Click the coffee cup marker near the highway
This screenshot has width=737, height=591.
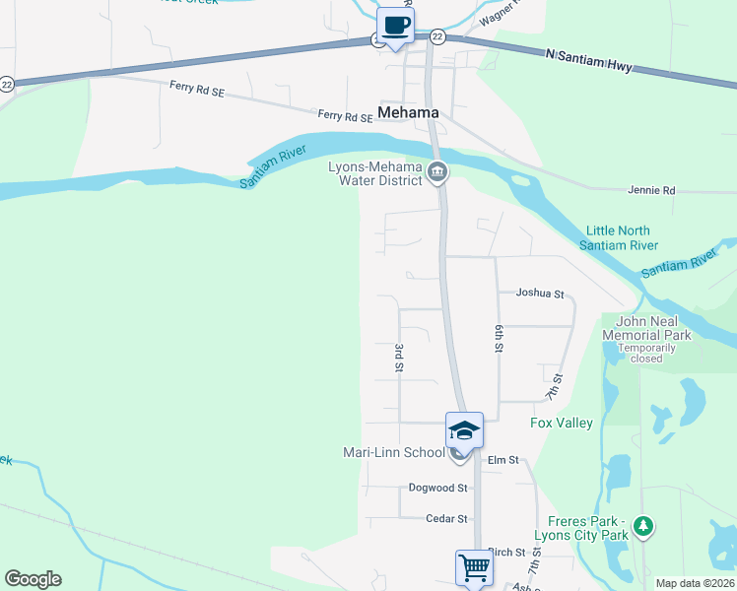(395, 27)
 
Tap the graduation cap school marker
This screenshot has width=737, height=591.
(464, 430)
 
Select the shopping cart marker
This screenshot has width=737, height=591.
(474, 567)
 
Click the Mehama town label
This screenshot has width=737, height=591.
(409, 113)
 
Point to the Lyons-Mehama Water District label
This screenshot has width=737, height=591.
(374, 173)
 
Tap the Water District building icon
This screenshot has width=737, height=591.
(438, 174)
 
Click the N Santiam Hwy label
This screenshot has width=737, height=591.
(588, 61)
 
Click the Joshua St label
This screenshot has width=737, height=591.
(540, 294)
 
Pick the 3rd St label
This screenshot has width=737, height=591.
(399, 358)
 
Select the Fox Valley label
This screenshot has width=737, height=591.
(562, 424)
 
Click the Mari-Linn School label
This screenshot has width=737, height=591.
(393, 453)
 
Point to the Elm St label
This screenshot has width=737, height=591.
(502, 460)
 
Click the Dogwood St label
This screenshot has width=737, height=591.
(438, 488)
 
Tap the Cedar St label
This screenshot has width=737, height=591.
(446, 518)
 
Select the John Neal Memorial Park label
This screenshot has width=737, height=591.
(653, 329)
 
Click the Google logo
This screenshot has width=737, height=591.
(33, 579)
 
